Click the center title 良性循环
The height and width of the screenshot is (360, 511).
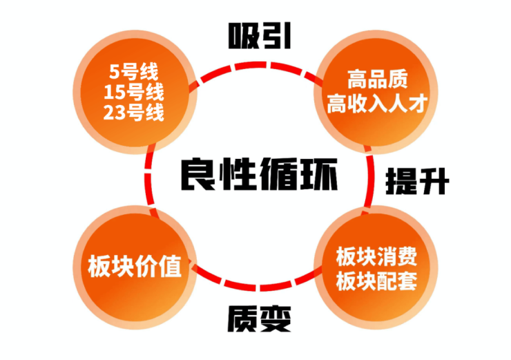point(259,174)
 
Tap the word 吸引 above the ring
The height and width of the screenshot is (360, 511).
point(260,36)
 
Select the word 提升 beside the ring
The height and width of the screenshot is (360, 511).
point(417,181)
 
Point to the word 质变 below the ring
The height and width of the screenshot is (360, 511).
point(259,319)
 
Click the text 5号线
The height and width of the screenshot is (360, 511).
point(133,71)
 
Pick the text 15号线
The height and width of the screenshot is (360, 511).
point(133,93)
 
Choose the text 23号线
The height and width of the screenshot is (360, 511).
point(133,113)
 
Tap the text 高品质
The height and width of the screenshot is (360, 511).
point(378,79)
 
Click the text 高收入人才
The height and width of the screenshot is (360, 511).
point(377,103)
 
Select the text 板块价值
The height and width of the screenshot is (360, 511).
point(135,267)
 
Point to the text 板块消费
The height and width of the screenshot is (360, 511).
point(376,256)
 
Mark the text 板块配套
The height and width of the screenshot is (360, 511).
point(376,281)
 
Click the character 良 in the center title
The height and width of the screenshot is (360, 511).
point(198,174)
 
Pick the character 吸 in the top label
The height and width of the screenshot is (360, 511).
point(243,36)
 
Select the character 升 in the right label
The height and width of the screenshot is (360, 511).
point(434,181)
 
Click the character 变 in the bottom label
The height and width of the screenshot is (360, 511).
point(276,319)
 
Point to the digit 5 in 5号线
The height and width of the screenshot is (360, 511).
point(115,71)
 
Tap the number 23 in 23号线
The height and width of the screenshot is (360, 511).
point(114,113)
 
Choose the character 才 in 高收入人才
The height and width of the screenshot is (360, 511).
point(418,103)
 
